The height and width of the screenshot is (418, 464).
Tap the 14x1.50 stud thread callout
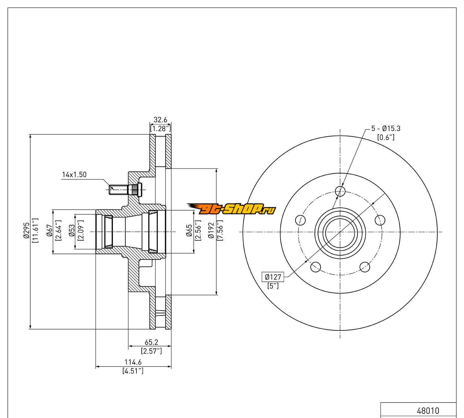pos(74,175)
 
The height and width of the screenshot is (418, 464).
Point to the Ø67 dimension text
pos(49,232)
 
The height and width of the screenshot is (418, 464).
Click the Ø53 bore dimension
pos(72,232)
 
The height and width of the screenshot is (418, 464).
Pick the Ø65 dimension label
pos(189,232)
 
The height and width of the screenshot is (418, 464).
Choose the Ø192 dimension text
pos(211,232)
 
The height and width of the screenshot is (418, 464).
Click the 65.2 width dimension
pos(151,342)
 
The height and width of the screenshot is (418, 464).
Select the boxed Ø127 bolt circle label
pos(273,276)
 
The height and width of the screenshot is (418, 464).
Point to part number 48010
pos(428,411)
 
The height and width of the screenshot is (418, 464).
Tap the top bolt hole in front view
pos(340,192)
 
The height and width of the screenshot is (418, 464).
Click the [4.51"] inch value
pos(133,371)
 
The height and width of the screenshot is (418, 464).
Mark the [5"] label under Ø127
pos(273,285)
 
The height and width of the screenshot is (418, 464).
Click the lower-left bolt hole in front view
pos(315,267)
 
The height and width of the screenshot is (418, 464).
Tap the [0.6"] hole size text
pos(385,137)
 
